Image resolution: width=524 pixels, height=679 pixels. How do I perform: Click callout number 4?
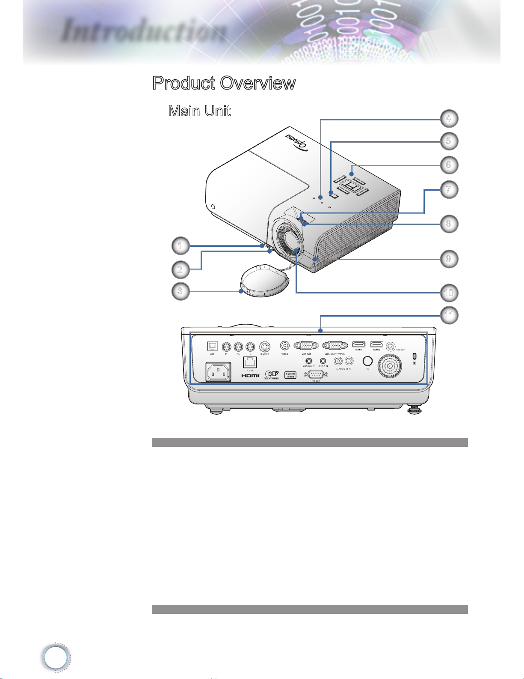pyautogui.click(x=448, y=119)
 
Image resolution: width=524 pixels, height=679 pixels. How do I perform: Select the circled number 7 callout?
pyautogui.click(x=448, y=189)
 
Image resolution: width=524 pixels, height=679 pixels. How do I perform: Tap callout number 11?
pyautogui.click(x=448, y=315)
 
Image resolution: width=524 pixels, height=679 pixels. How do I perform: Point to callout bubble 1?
pyautogui.click(x=181, y=245)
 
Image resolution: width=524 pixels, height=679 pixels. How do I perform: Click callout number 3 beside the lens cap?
pyautogui.click(x=181, y=291)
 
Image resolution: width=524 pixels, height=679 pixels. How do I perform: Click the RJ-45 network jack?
pyautogui.click(x=249, y=362)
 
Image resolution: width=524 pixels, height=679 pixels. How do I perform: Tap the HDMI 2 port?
pyautogui.click(x=376, y=344)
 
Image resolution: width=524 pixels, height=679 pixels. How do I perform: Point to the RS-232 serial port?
pyautogui.click(x=316, y=374)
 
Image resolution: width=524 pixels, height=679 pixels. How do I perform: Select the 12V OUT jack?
pyautogui.click(x=391, y=346)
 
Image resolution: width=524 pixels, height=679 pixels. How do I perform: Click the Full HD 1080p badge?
pyautogui.click(x=290, y=375)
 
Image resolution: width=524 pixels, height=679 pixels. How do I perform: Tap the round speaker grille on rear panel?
pyautogui.click(x=390, y=367)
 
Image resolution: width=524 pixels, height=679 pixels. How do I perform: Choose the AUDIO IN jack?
pyautogui.click(x=323, y=361)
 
